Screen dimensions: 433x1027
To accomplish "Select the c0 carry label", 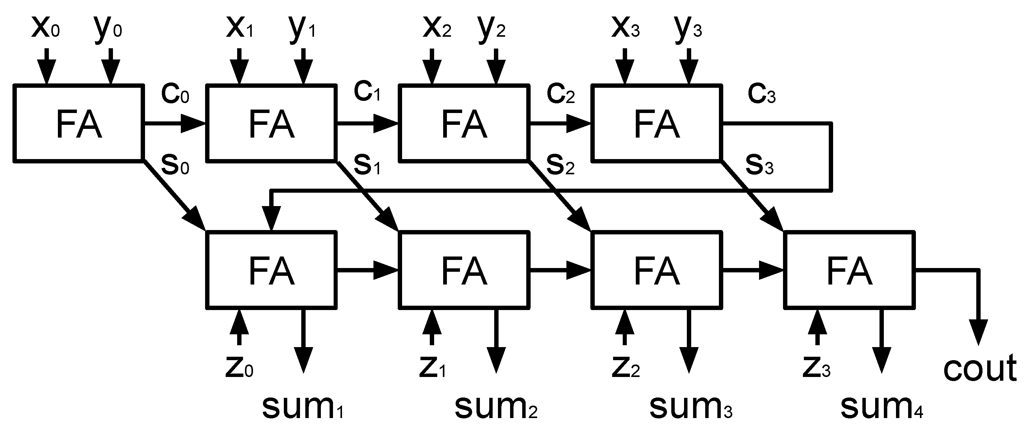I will pos(175,94).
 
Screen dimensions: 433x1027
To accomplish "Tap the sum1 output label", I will pos(302,407).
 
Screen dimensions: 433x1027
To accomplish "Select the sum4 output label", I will pos(881,407).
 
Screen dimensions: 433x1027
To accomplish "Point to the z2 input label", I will pos(626,368).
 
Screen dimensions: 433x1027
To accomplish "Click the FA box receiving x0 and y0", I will pos(78,124).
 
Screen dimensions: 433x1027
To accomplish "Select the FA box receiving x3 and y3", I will pos(657,124).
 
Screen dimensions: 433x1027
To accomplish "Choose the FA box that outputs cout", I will pos(850,270).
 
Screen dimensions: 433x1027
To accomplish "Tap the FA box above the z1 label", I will pos(464,270).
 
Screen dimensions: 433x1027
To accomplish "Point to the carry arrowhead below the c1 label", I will pos(386,124).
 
